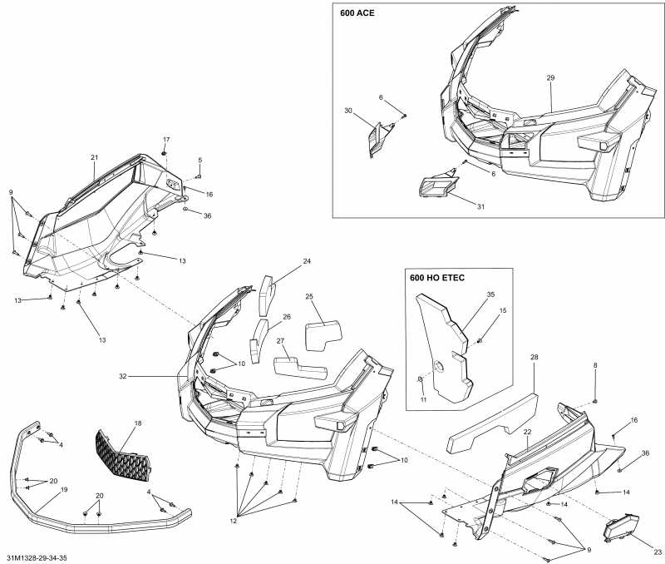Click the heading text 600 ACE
tap(357, 13)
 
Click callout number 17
tap(165, 139)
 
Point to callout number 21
tap(94, 157)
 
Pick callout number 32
tap(122, 377)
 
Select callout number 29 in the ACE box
tap(550, 77)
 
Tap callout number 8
tap(595, 366)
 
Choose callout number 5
tap(199, 160)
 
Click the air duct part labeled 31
tap(436, 187)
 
